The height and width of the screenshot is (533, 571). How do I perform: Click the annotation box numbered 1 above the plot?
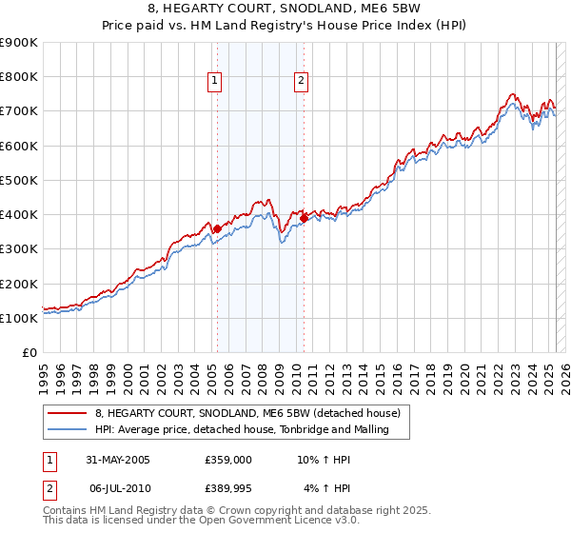[214, 82]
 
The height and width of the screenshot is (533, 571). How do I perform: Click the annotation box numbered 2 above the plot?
[301, 82]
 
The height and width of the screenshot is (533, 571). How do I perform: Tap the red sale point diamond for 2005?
[217, 228]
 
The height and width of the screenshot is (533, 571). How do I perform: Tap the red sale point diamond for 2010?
[304, 218]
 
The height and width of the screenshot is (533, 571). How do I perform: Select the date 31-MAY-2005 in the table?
[118, 460]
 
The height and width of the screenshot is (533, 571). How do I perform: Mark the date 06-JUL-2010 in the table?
[119, 487]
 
